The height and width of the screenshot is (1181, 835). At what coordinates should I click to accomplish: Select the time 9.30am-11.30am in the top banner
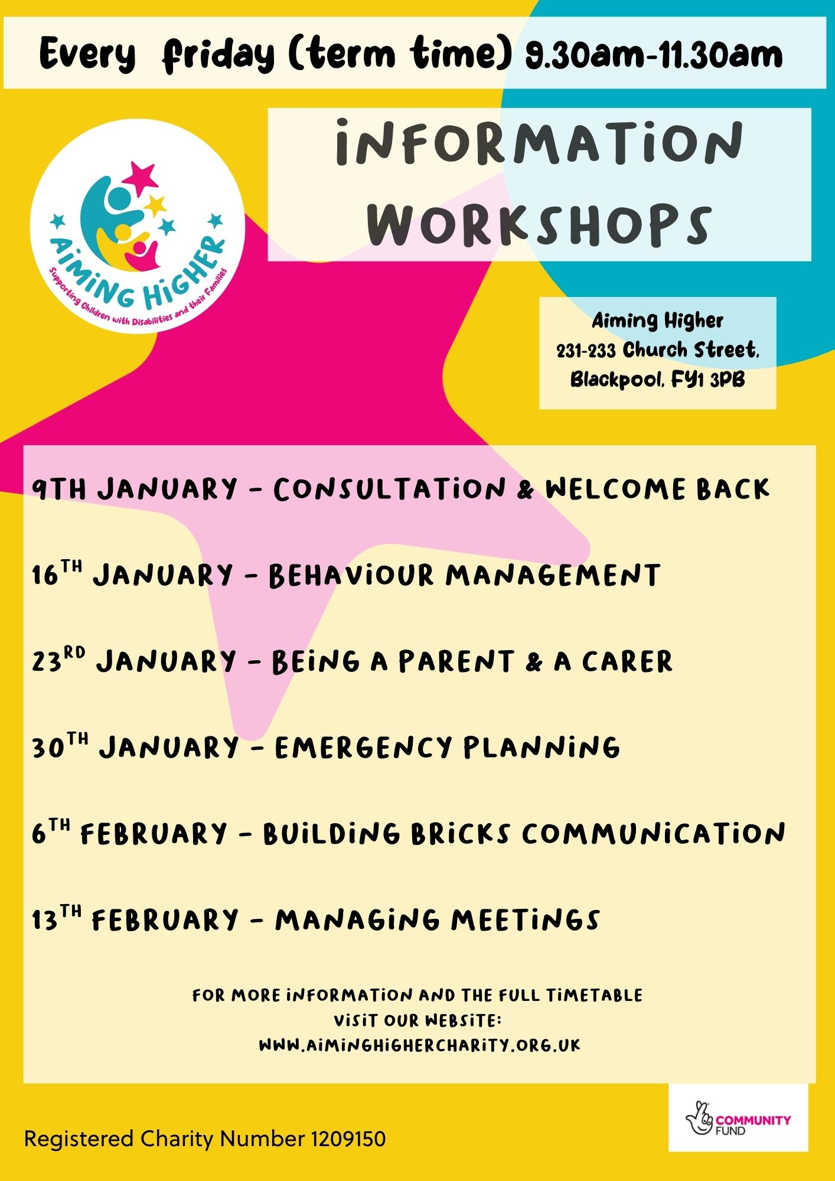[654, 55]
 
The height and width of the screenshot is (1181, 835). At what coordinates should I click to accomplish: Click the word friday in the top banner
[218, 55]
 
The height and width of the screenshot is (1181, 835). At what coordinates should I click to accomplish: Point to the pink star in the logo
[139, 177]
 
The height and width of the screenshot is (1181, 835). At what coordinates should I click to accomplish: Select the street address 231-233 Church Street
[657, 350]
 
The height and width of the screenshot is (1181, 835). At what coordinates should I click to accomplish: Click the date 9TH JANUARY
[135, 490]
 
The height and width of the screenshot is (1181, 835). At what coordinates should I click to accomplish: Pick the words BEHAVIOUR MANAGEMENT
[464, 576]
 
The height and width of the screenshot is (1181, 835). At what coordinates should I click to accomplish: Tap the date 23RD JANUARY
[134, 661]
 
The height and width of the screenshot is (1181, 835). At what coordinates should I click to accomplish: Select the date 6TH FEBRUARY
[129, 833]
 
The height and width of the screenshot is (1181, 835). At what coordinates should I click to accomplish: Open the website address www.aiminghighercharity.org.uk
[420, 1046]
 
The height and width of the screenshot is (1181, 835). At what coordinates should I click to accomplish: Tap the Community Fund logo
[738, 1118]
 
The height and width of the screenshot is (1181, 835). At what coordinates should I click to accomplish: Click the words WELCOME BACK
[658, 490]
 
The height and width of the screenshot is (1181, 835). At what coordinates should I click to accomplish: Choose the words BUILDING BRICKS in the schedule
[387, 833]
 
